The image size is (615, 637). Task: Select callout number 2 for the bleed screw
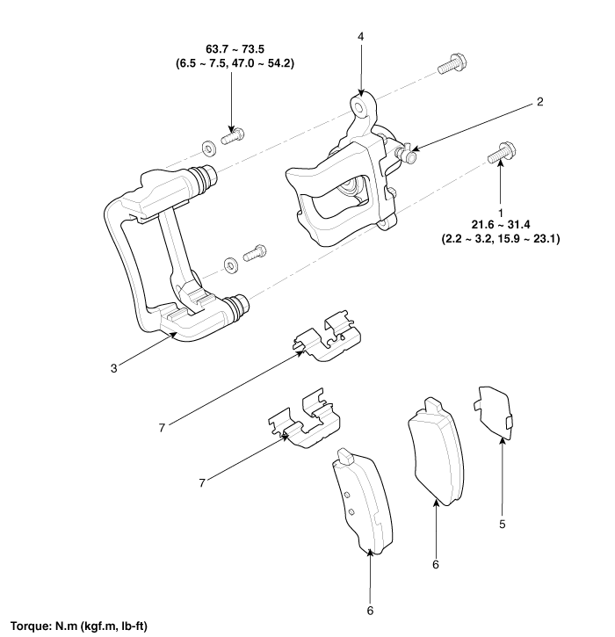[x=541, y=102]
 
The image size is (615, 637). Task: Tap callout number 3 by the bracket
[x=113, y=366]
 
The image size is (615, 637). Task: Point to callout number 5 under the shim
[x=502, y=525]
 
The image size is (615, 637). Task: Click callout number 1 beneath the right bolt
[x=500, y=212]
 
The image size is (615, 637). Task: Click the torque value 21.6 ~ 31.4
[x=501, y=225]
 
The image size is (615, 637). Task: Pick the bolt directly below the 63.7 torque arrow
[x=233, y=135]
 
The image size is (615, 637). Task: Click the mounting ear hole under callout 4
[x=359, y=106]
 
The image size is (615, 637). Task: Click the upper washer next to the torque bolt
[x=206, y=145]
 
